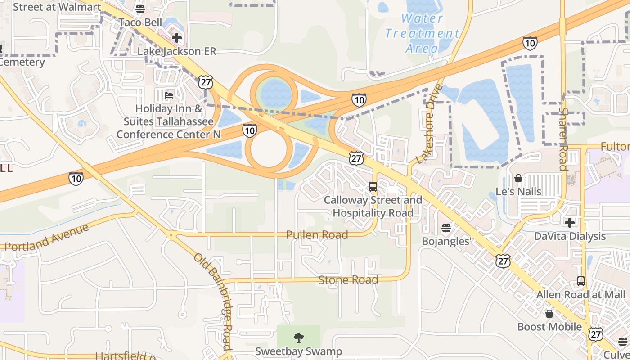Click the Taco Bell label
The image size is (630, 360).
click(x=140, y=22)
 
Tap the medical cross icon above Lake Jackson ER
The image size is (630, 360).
click(x=177, y=38)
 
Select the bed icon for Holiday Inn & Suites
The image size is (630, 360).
click(x=169, y=95)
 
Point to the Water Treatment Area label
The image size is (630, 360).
click(x=422, y=33)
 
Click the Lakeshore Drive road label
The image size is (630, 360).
click(x=430, y=124)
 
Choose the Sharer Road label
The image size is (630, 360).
click(x=563, y=138)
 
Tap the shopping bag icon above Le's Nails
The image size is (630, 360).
click(x=518, y=178)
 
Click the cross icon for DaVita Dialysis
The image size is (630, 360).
click(x=570, y=222)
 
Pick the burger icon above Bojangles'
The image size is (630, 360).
click(x=446, y=228)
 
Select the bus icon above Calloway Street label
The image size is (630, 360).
click(x=373, y=186)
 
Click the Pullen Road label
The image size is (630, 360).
click(x=318, y=235)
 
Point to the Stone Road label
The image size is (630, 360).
click(x=348, y=280)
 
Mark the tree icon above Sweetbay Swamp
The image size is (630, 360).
click(x=298, y=338)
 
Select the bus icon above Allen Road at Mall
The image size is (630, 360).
click(x=581, y=281)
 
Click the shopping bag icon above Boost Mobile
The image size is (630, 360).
click(x=549, y=314)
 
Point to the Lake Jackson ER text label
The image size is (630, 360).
click(x=177, y=51)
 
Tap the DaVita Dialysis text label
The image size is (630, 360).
click(x=570, y=236)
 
